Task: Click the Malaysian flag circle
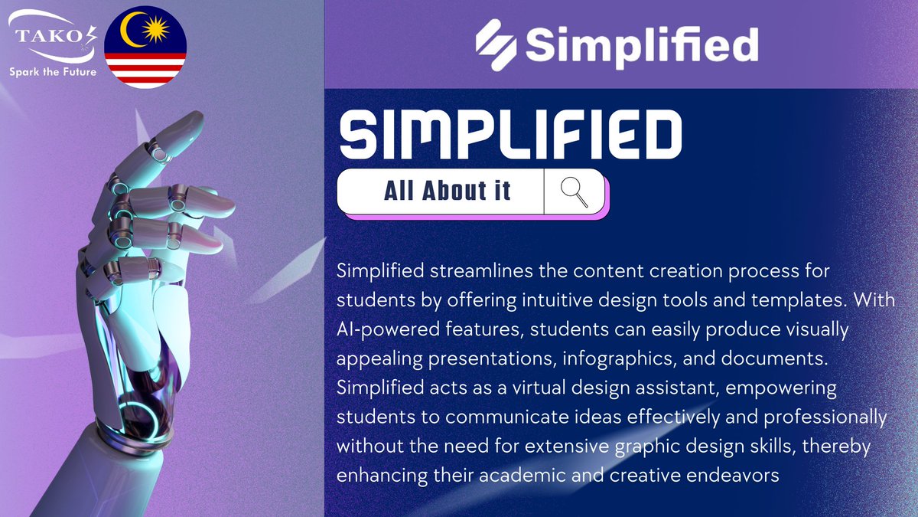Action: coord(145,45)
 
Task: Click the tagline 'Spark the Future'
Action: coord(53,72)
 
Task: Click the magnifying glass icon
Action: coord(575,191)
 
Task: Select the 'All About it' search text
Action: coord(448,191)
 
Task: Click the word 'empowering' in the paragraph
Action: coord(781,388)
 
